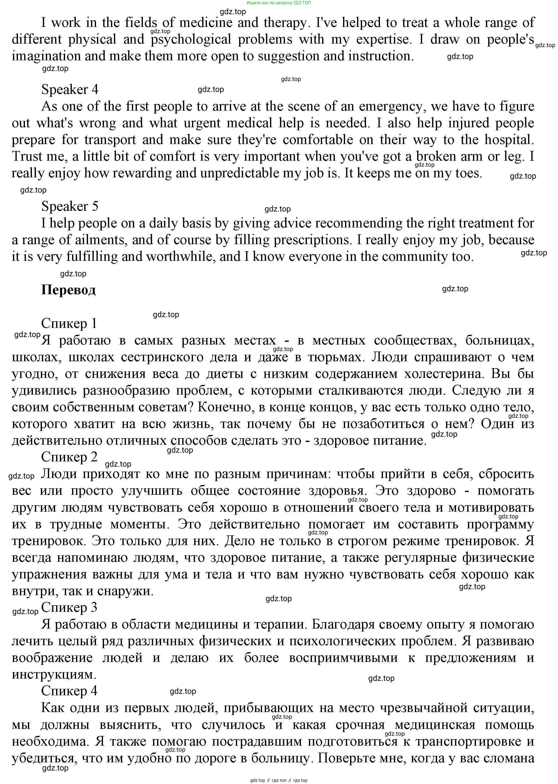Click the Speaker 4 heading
pos(70,90)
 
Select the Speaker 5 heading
pos(70,206)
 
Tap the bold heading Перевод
pos(68,290)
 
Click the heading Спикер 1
pos(69,323)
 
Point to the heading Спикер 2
pos(69,457)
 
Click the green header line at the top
pos(279,3)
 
